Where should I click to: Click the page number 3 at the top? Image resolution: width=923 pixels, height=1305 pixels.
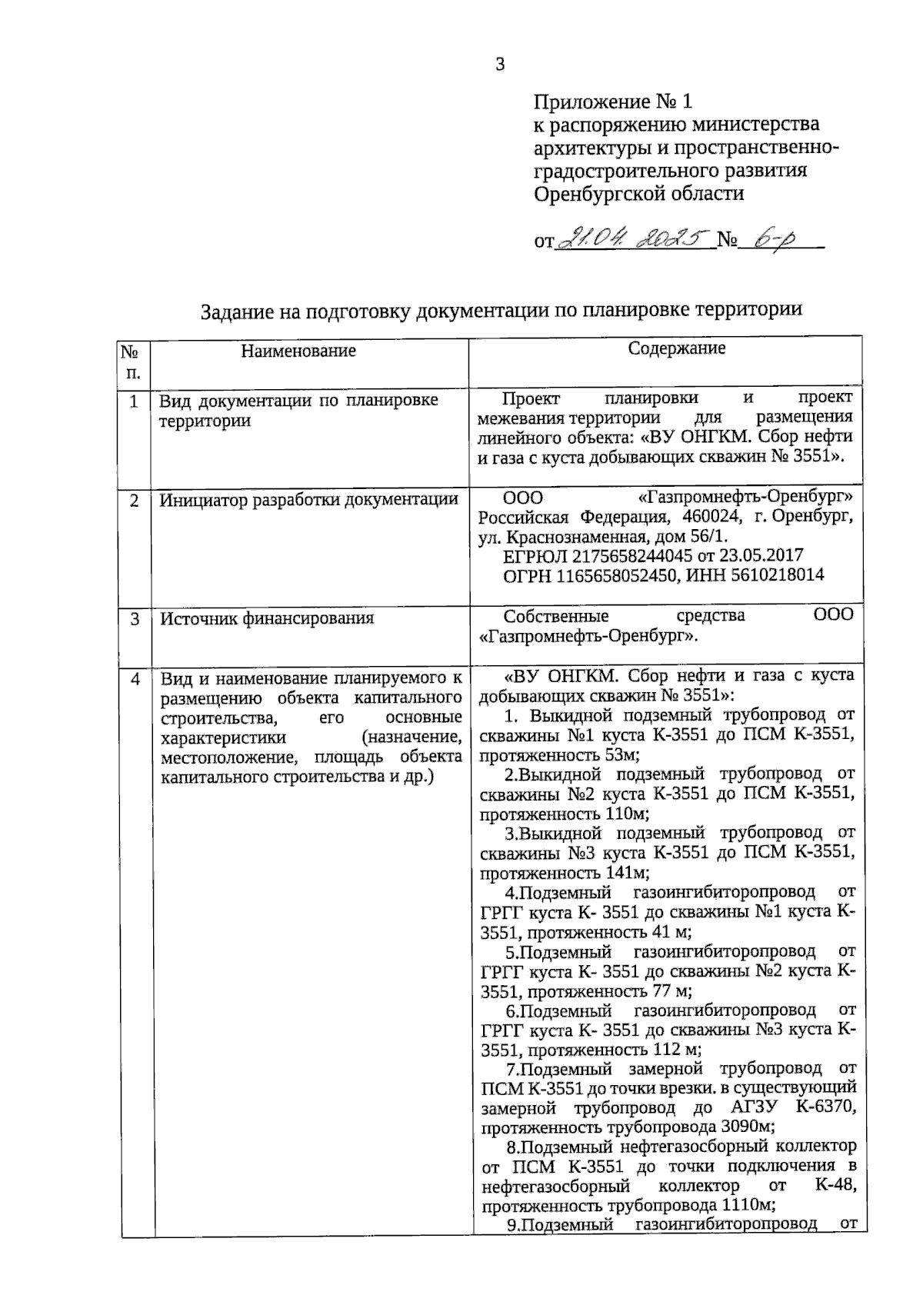tap(500, 65)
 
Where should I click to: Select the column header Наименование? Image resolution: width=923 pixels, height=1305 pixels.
tap(298, 351)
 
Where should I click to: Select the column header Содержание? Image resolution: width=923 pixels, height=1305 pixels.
tap(676, 348)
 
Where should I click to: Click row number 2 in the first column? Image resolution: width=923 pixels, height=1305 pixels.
tap(135, 501)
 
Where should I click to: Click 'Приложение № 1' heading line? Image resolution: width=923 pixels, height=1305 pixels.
tap(613, 101)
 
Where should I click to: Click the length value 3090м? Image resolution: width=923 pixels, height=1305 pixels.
tap(747, 1128)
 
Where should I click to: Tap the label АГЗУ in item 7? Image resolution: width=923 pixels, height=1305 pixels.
tap(750, 1108)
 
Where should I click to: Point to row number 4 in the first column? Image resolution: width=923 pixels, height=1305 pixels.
tap(135, 679)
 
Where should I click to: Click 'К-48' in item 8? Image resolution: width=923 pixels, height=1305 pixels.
tap(835, 1187)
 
